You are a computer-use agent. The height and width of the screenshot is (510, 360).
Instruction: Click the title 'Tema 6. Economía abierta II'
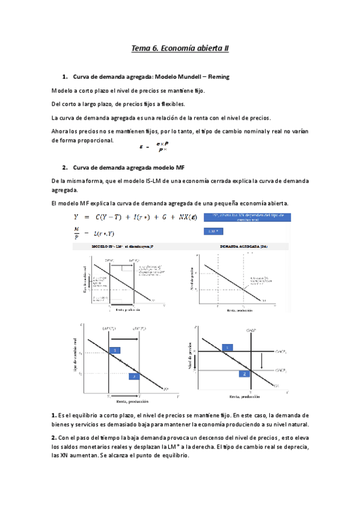pyautogui.click(x=180, y=48)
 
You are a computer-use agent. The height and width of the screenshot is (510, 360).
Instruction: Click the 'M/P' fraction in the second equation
pyautogui.click(x=76, y=232)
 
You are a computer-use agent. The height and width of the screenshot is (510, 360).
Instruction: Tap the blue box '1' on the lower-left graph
pyautogui.click(x=115, y=350)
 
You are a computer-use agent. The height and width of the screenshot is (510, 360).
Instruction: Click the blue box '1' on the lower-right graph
pyautogui.click(x=227, y=348)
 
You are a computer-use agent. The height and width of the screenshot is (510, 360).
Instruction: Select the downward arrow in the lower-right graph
pyautogui.click(x=263, y=361)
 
